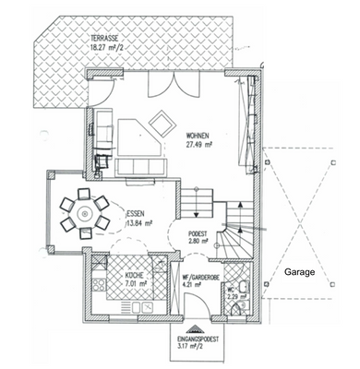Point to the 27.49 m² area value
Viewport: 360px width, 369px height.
[200, 144]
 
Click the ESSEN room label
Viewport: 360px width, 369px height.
[136, 213]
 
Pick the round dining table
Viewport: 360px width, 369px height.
[85, 213]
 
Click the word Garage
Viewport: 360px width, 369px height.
[298, 274]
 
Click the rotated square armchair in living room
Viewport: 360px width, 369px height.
[162, 121]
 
